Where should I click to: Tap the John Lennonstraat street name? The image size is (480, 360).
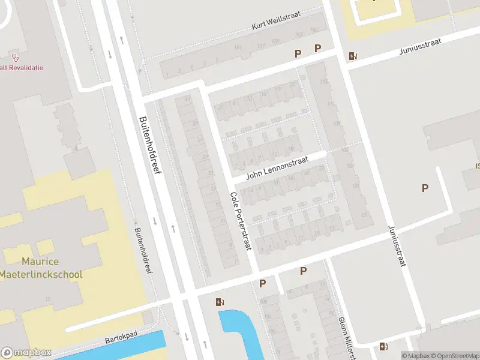point(278,168)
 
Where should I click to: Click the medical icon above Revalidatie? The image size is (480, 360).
point(16,59)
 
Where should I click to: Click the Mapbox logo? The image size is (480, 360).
point(26,353)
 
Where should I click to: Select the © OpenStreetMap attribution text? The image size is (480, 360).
point(452,356)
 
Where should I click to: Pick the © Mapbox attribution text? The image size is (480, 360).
point(414,356)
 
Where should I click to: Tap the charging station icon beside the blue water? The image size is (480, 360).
point(220,302)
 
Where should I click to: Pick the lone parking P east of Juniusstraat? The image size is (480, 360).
point(425,188)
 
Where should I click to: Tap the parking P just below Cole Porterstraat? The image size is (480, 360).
point(262,283)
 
